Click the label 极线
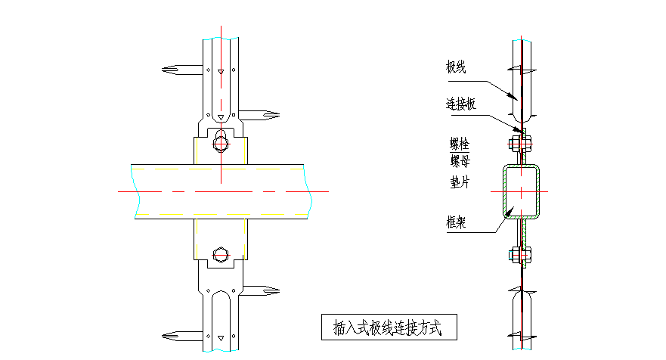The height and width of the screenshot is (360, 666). tap(456, 68)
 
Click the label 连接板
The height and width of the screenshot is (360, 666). tap(461, 105)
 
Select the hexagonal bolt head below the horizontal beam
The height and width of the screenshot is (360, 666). tap(221, 254)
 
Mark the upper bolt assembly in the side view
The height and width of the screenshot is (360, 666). tap(522, 141)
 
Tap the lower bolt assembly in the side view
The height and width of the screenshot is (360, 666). tap(522, 255)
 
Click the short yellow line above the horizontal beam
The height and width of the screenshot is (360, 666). tap(195, 150)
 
